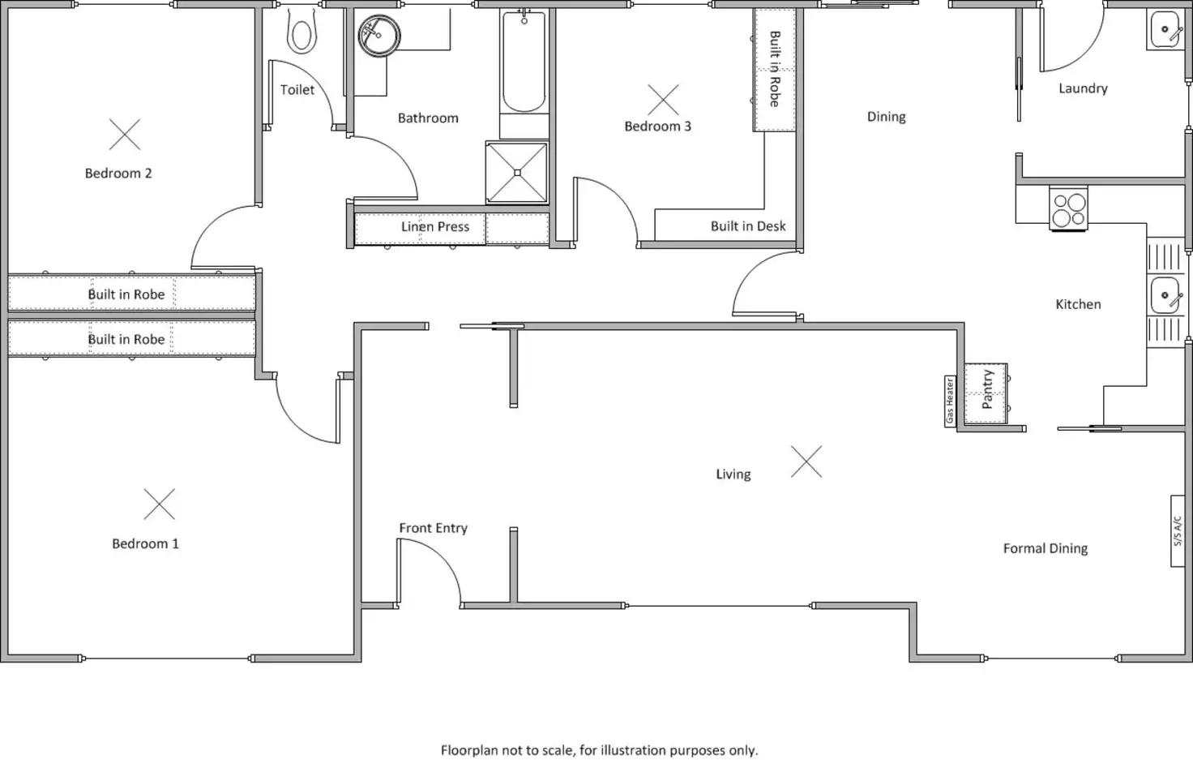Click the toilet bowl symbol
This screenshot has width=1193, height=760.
[302, 34]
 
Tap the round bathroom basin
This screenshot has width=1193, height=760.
[378, 36]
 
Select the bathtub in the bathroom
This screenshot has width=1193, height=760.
[524, 62]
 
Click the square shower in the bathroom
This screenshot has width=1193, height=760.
[517, 172]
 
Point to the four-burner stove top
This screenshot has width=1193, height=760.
[1068, 208]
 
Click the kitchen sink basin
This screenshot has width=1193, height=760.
[1165, 295]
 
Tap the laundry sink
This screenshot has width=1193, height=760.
[1165, 30]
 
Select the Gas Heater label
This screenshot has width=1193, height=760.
[950, 401]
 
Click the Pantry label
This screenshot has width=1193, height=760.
[987, 389]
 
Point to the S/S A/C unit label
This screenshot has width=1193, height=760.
[1178, 531]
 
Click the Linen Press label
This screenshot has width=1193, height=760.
[435, 227]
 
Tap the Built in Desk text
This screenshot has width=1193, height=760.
[748, 226]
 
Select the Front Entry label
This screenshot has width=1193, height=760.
[433, 528]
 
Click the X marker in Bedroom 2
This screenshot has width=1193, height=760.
[125, 135]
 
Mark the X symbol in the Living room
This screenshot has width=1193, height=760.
[806, 462]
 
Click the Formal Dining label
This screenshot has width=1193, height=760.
[1045, 548]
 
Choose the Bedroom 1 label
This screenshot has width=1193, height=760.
[145, 543]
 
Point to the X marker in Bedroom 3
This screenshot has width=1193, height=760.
[663, 100]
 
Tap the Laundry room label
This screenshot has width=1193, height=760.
[1083, 88]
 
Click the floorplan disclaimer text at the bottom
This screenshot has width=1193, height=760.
[599, 750]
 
